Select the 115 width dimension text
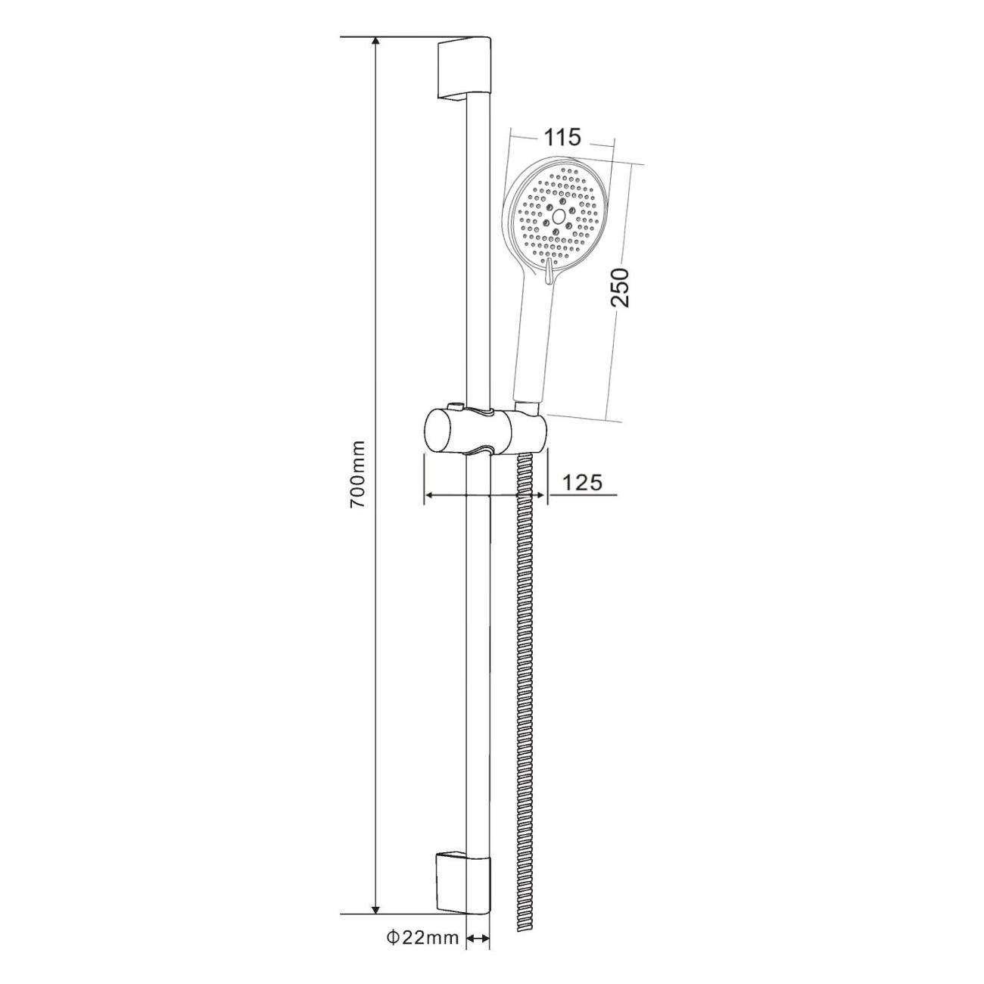pyautogui.click(x=562, y=137)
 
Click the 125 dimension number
pyautogui.click(x=583, y=482)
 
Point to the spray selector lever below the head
pyautogui.click(x=548, y=269)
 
